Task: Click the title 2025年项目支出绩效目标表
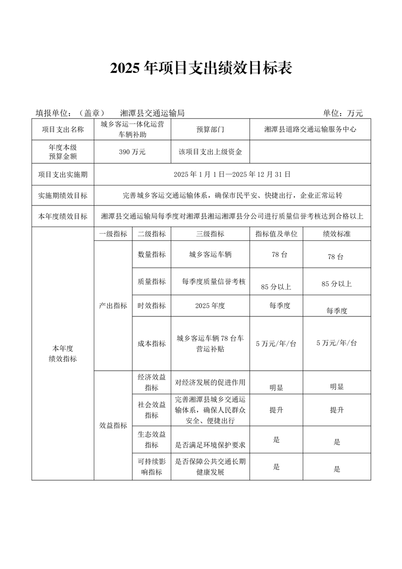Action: pyautogui.click(x=201, y=68)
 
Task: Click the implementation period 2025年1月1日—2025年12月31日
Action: pyautogui.click(x=232, y=174)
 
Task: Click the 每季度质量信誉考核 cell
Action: pyautogui.click(x=210, y=281)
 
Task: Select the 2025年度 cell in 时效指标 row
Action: pyautogui.click(x=210, y=306)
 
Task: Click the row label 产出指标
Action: pyautogui.click(x=113, y=306)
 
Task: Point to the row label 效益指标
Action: pyautogui.click(x=113, y=426)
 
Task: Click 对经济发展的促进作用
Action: pyautogui.click(x=210, y=382)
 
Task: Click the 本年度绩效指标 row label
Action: pyautogui.click(x=63, y=353)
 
